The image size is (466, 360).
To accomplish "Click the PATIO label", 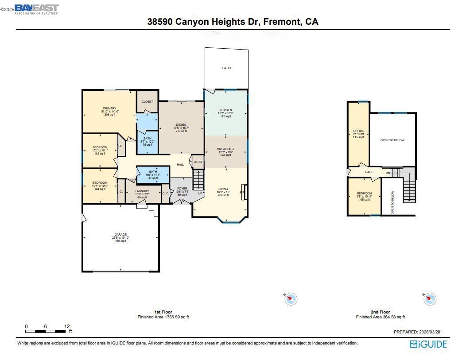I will (226, 68).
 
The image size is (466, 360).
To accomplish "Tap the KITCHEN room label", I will (225, 110).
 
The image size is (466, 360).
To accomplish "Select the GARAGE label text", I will (120, 235).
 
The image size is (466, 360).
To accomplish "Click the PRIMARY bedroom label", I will (109, 108).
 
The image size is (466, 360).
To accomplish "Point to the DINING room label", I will (181, 125).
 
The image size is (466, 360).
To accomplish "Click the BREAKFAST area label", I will (225, 149).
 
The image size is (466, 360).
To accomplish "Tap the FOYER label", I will (182, 189).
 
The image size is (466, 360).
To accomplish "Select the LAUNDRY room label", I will (142, 191).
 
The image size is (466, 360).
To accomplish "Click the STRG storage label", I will (198, 162).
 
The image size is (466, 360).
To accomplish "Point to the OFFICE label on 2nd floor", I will (358, 131).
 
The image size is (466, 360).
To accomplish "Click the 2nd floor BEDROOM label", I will (364, 194).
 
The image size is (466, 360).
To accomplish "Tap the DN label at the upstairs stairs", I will (388, 173).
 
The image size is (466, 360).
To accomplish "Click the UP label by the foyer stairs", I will (200, 194).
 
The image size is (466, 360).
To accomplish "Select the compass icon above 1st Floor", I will (290, 299).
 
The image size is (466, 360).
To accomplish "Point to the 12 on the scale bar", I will (67, 326).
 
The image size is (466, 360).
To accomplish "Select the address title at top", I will (233, 22).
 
